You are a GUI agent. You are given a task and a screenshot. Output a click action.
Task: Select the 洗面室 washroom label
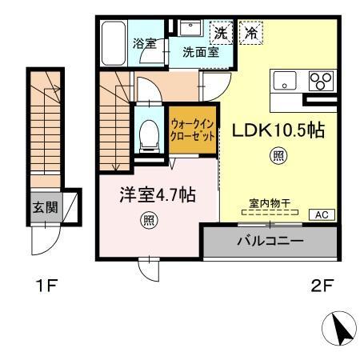[x=200, y=53]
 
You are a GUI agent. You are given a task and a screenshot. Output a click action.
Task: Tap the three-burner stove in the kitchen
[x=320, y=82]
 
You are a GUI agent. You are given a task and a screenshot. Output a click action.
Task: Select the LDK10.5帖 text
[x=278, y=130]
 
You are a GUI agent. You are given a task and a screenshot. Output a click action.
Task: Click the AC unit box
[x=322, y=214]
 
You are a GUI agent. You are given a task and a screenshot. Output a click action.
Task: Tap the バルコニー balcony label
[x=270, y=239]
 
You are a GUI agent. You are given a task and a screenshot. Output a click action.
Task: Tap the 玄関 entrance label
[x=44, y=207]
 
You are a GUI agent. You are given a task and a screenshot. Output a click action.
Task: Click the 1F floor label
[x=46, y=285]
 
